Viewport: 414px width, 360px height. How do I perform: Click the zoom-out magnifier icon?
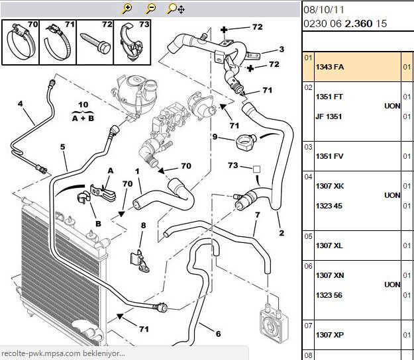click(x=151, y=9)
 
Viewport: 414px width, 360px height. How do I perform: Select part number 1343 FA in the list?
click(x=330, y=67)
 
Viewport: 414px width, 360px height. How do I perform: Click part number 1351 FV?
click(x=330, y=157)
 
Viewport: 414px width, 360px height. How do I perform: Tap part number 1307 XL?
click(x=330, y=246)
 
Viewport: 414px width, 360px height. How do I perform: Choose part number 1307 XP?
click(x=330, y=336)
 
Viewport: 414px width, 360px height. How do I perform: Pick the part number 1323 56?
click(x=329, y=295)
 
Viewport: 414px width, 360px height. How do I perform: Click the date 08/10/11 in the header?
click(x=323, y=11)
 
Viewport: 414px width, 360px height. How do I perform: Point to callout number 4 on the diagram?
click(x=21, y=104)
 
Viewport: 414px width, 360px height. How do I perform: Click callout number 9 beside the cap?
click(x=215, y=137)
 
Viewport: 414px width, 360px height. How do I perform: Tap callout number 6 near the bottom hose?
click(x=218, y=333)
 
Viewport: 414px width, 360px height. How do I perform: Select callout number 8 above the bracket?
click(x=142, y=226)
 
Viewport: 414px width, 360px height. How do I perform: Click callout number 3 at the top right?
click(x=281, y=49)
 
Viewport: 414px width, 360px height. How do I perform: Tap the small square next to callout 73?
click(x=257, y=169)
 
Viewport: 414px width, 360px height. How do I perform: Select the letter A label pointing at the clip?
click(x=111, y=170)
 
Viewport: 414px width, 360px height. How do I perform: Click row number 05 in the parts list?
click(x=308, y=236)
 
